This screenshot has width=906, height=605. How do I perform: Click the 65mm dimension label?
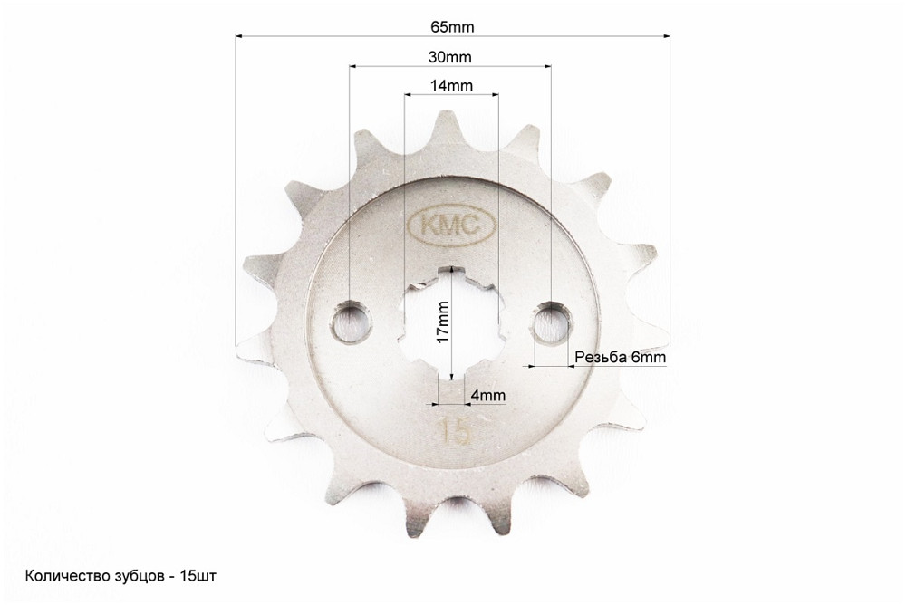[x=452, y=27]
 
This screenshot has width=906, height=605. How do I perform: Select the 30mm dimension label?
[x=449, y=57]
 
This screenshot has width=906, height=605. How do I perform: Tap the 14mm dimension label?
[x=451, y=86]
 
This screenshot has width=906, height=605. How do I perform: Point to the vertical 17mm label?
[x=443, y=322]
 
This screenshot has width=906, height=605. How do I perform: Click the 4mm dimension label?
[x=488, y=395]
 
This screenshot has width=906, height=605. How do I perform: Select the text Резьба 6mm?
[x=620, y=358]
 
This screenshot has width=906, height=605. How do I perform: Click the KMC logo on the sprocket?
[x=452, y=226]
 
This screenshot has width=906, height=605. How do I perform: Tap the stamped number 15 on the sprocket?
[x=454, y=432]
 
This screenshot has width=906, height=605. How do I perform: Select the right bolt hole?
[x=552, y=322]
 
